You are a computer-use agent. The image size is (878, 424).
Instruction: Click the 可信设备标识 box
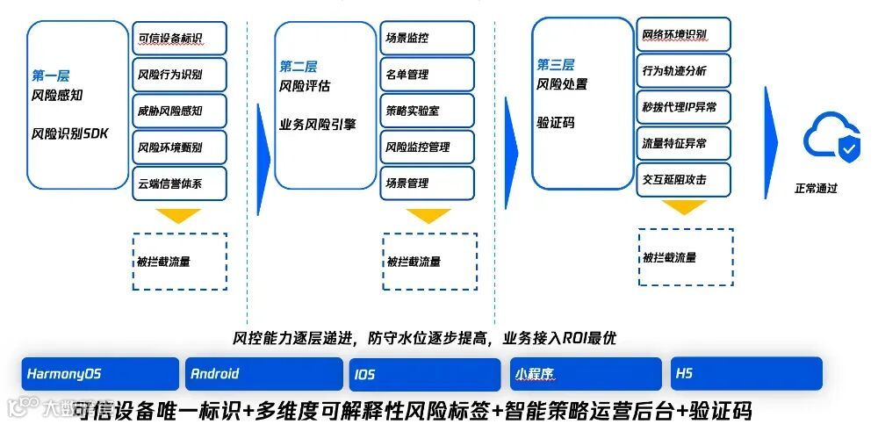tap(180, 38)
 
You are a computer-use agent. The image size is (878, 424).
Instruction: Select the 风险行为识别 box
tap(180, 75)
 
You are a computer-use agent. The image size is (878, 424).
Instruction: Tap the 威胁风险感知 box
tap(180, 111)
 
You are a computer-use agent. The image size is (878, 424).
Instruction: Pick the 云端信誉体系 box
tap(180, 183)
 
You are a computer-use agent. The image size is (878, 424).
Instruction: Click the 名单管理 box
tap(428, 75)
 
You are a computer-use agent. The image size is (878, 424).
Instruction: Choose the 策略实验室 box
tap(428, 111)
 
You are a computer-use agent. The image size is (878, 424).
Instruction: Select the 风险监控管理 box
tap(428, 147)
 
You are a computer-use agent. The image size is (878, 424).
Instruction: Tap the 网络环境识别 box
tap(683, 34)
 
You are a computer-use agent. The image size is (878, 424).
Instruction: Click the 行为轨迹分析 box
tap(683, 70)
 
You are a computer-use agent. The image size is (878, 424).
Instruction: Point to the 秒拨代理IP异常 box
tap(683, 107)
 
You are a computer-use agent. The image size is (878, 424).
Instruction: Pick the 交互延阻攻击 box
tap(683, 179)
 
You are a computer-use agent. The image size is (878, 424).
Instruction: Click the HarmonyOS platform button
tap(100, 374)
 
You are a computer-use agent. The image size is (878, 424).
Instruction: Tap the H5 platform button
tap(746, 374)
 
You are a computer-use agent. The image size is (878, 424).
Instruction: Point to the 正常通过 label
tap(816, 188)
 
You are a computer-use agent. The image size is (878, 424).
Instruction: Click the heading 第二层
tap(299, 67)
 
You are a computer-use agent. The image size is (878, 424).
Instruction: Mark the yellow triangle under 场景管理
tap(428, 216)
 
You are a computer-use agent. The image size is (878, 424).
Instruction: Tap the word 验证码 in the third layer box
tap(555, 123)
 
